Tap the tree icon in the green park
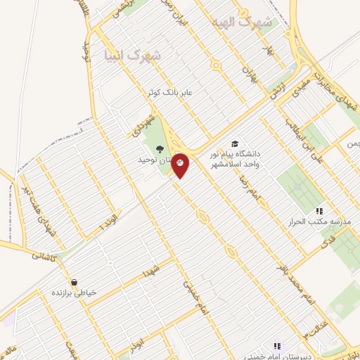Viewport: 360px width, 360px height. tap(160, 148)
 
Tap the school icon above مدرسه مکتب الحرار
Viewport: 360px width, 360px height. tap(319, 210)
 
